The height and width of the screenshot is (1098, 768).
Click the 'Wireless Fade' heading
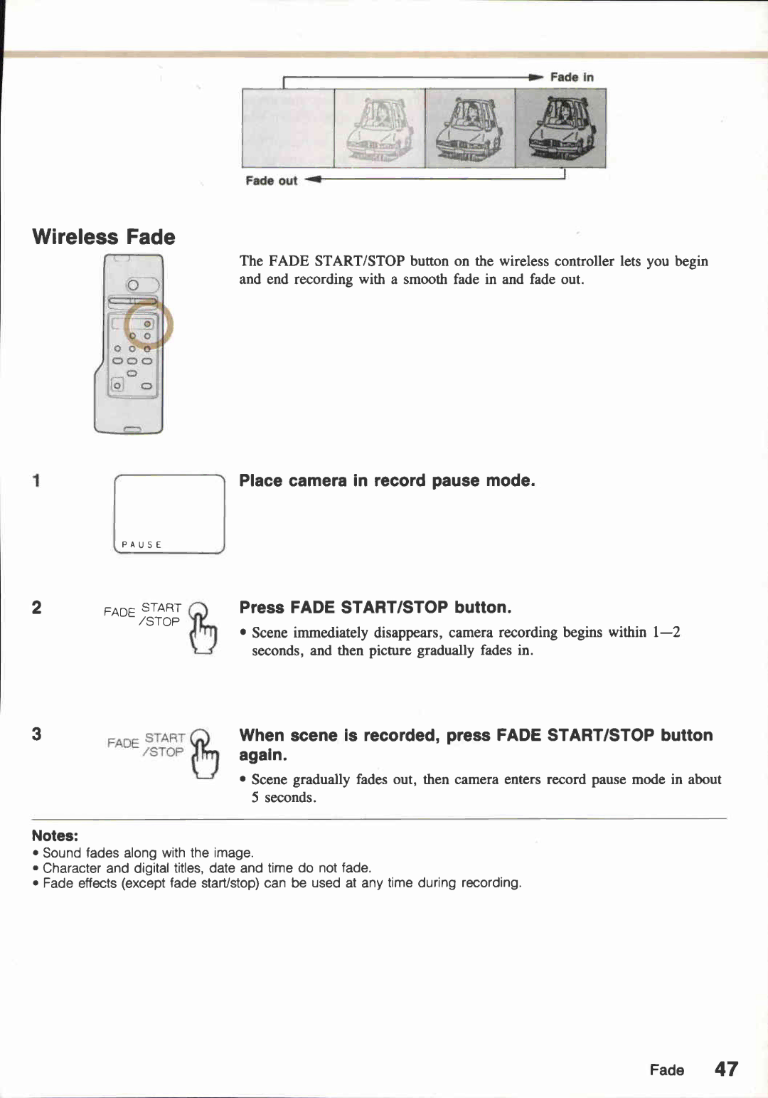click(x=104, y=237)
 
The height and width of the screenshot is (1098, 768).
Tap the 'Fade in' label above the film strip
click(x=571, y=77)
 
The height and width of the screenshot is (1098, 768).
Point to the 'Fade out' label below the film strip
click(x=271, y=181)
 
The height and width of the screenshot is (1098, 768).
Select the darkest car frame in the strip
click(x=560, y=128)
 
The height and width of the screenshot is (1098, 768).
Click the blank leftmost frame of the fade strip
click(x=288, y=128)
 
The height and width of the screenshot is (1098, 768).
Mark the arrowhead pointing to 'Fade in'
click(x=535, y=77)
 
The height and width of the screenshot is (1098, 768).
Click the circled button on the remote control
click(x=148, y=324)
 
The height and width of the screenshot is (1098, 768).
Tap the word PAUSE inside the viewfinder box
click(x=142, y=544)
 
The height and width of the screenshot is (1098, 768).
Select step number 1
click(x=36, y=481)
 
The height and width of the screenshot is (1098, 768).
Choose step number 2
click(x=36, y=608)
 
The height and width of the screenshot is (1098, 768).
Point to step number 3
click(x=36, y=734)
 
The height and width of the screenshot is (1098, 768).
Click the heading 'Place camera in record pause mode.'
click(x=387, y=481)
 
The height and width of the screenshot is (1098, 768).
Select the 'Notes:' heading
click(x=55, y=836)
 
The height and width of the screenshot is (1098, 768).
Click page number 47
click(x=726, y=1069)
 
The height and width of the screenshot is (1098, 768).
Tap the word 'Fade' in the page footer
click(x=666, y=1070)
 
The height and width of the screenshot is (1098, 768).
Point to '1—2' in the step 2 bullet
click(x=666, y=632)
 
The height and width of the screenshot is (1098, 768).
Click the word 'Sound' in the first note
click(x=62, y=852)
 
